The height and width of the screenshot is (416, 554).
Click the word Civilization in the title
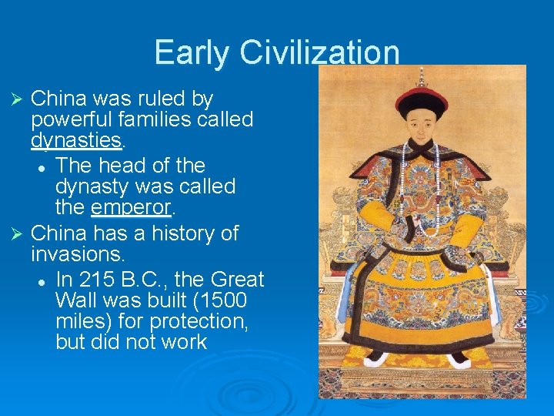click(x=319, y=52)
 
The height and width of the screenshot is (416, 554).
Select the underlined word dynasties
click(x=76, y=140)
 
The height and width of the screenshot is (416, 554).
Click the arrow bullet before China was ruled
click(x=21, y=99)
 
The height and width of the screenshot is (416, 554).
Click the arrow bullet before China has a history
click(x=21, y=233)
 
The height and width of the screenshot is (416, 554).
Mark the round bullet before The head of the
click(x=47, y=166)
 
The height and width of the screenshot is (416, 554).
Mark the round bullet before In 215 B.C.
click(x=47, y=280)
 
